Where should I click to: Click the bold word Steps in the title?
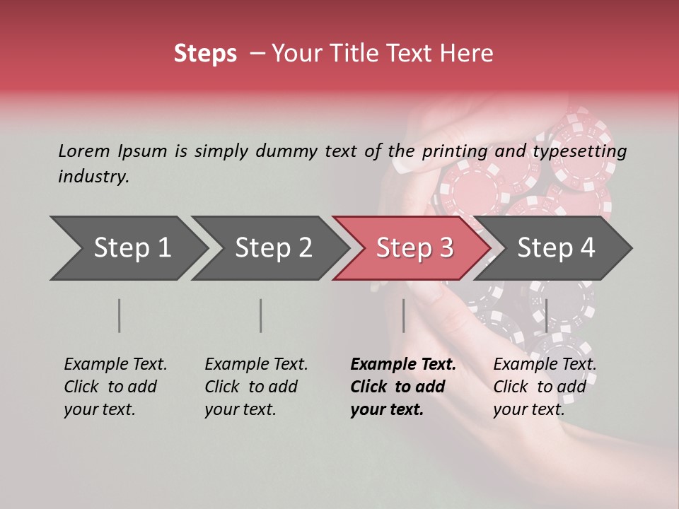(x=205, y=54)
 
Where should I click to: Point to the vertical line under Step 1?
(x=120, y=315)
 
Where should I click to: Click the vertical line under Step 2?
(x=261, y=315)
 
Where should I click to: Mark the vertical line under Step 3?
(x=403, y=315)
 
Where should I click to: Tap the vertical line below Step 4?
(x=546, y=315)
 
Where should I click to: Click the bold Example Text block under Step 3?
(x=402, y=387)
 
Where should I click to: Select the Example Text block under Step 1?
(x=115, y=387)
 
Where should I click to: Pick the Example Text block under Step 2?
(x=256, y=387)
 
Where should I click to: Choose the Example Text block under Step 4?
(x=544, y=387)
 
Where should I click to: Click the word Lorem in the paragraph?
(x=84, y=151)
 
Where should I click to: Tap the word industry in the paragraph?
(x=93, y=177)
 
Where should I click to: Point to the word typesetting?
(x=579, y=151)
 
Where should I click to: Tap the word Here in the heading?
(x=466, y=54)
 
